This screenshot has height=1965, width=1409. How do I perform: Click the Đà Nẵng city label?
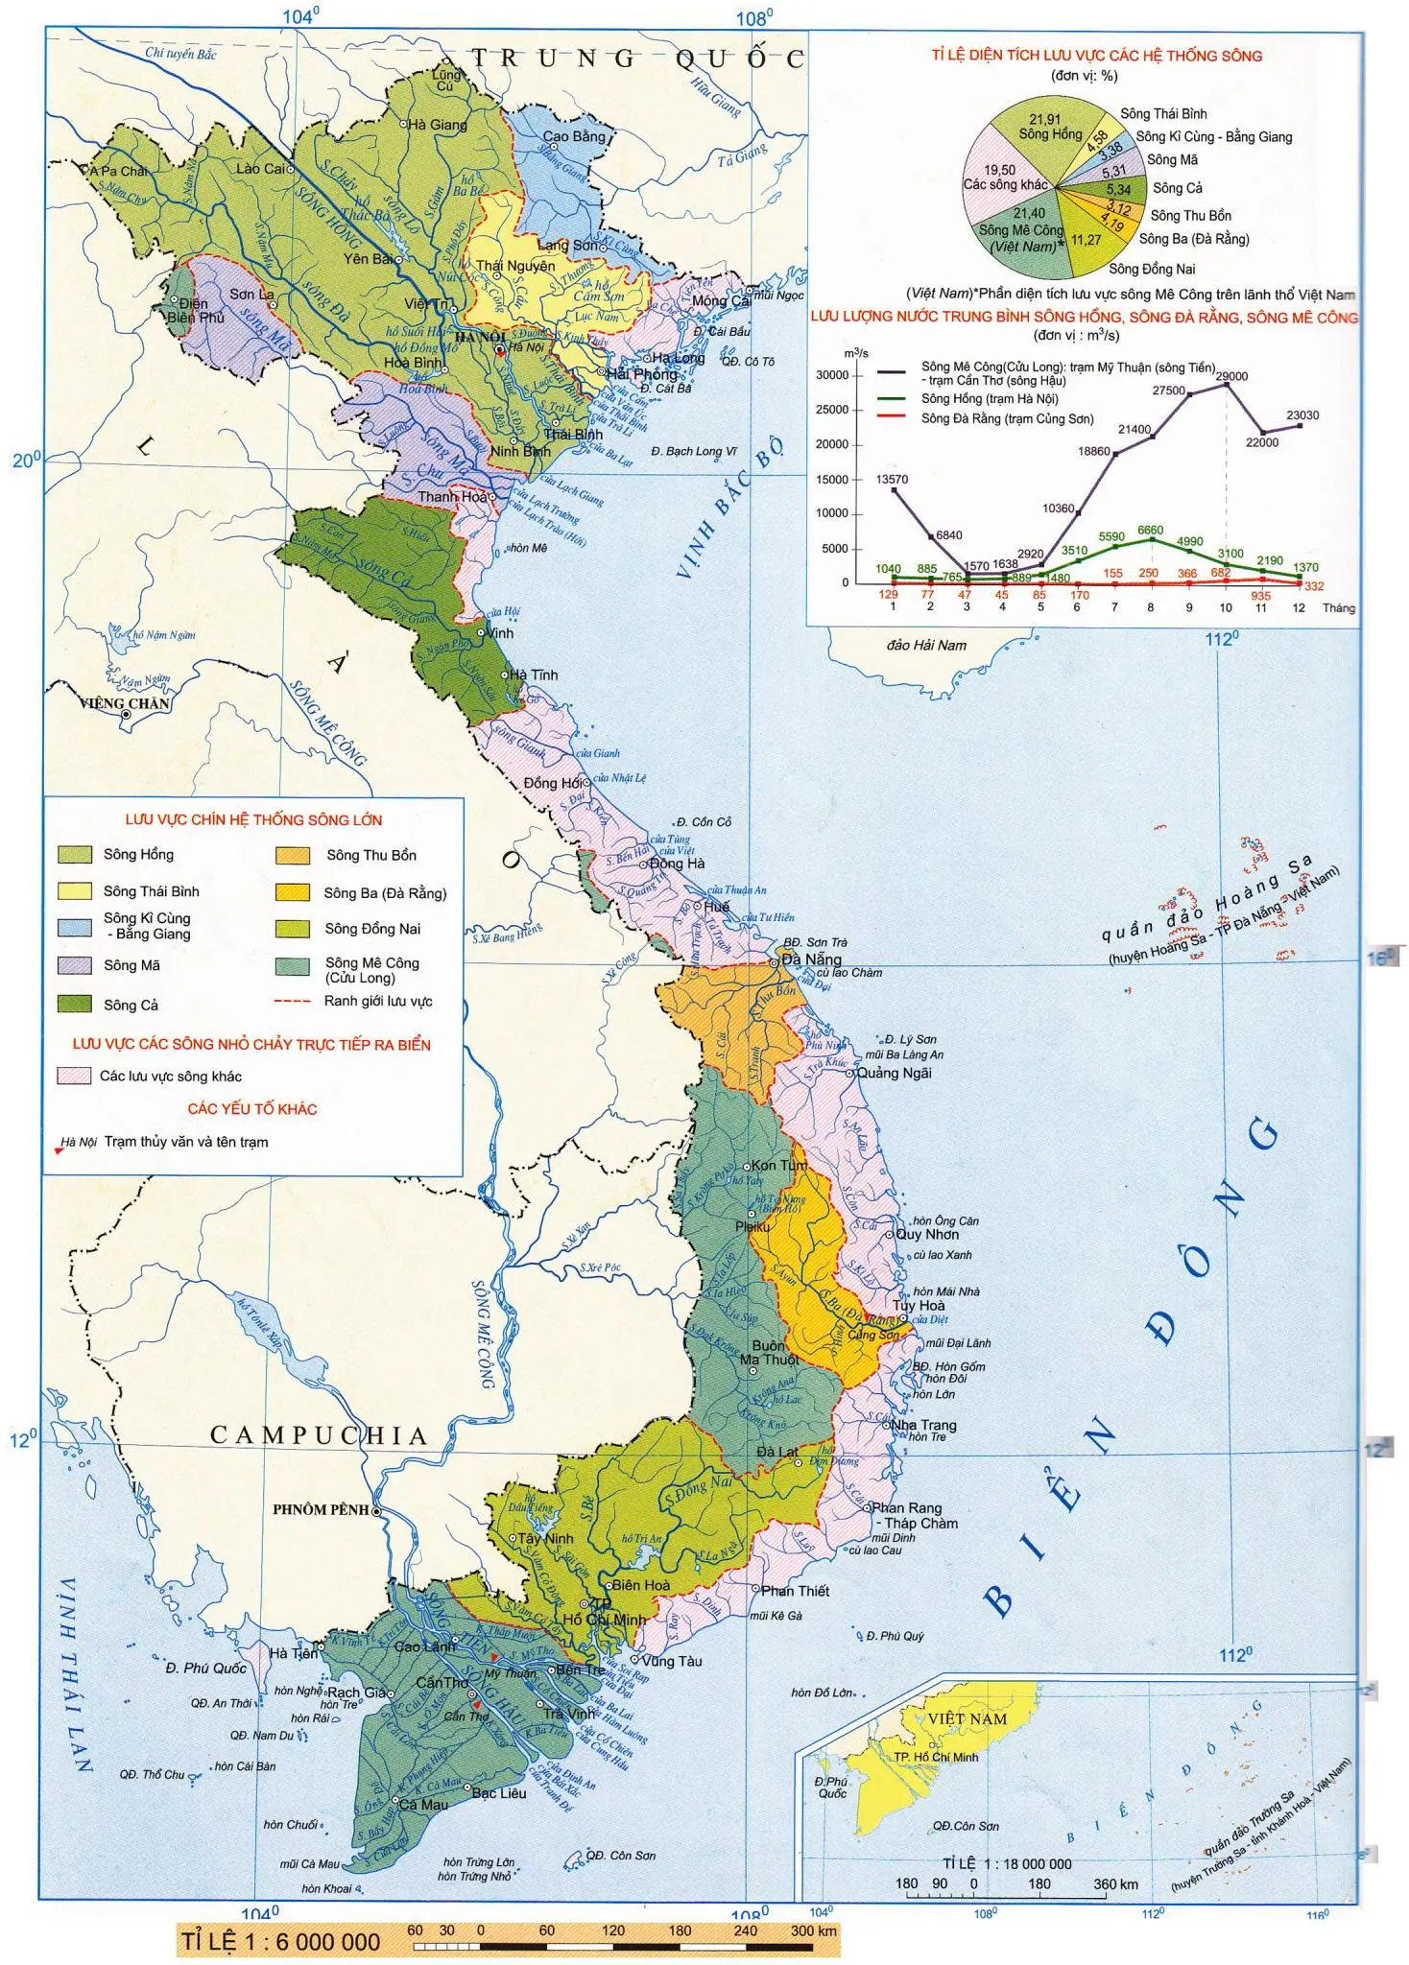tap(811, 959)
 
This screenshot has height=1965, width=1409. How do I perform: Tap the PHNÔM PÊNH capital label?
tap(321, 1509)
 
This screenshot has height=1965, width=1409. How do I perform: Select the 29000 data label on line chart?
tap(1231, 376)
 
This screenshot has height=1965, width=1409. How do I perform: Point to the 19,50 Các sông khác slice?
tap(998, 178)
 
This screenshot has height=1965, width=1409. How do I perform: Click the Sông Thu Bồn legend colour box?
tap(293, 855)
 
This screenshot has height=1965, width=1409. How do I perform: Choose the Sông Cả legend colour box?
tap(74, 1004)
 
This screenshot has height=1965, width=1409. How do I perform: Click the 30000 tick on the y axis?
tap(832, 375)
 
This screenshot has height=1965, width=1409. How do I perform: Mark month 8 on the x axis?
tap(1151, 607)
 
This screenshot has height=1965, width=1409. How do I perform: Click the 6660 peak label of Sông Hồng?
tap(1150, 530)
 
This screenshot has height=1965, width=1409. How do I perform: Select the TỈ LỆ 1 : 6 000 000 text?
tap(281, 1942)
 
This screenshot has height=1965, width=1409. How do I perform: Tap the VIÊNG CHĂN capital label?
tap(125, 703)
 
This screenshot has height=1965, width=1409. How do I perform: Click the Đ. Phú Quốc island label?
tap(205, 1669)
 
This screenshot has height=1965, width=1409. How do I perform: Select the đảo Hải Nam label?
tap(926, 645)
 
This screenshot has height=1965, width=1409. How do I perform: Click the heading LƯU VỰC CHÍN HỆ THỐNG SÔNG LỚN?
tap(253, 819)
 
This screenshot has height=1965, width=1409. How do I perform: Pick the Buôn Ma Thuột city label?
tap(770, 1353)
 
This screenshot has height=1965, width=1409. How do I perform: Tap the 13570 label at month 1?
tap(892, 479)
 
